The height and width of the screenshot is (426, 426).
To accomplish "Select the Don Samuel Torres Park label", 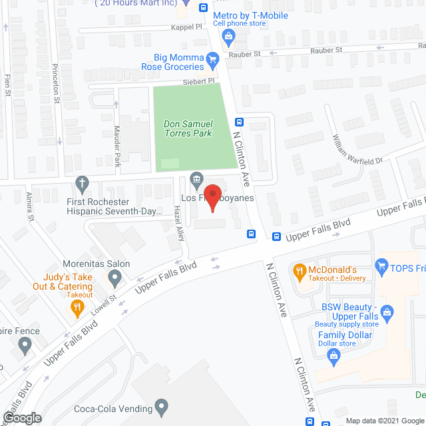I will (x=188, y=128).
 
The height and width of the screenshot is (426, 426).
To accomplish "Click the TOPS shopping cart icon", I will (x=381, y=267).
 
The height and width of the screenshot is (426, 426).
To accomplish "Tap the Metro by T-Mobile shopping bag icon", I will (x=228, y=37).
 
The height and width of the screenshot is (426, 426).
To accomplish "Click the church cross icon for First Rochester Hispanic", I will (x=82, y=183).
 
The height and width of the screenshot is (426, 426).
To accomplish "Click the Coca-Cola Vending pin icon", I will (x=162, y=405).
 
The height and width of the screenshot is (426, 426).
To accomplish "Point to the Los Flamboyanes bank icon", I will (x=197, y=178).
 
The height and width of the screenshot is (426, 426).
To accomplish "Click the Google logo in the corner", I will (x=21, y=417).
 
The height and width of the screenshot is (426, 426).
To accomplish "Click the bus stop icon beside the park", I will (x=239, y=122).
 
